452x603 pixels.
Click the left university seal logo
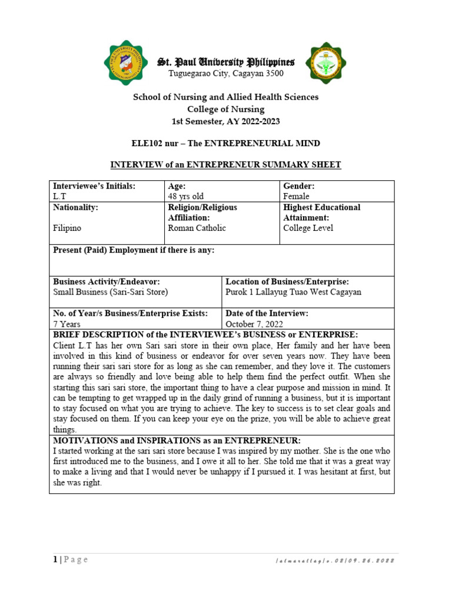click(126, 62)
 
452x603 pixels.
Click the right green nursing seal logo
click(325, 62)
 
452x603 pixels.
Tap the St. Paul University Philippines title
click(225, 62)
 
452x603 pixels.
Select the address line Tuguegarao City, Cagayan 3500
click(226, 74)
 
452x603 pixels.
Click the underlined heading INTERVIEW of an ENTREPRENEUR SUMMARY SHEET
click(226, 165)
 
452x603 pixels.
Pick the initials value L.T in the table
click(60, 197)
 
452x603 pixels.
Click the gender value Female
click(296, 197)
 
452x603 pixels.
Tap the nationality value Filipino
click(67, 228)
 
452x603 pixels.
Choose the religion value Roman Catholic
click(197, 228)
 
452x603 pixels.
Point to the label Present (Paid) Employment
click(134, 250)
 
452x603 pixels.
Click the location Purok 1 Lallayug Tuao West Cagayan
click(293, 292)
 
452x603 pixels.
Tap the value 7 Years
click(65, 324)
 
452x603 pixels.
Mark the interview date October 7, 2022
click(255, 324)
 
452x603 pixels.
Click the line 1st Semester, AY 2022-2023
click(226, 121)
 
